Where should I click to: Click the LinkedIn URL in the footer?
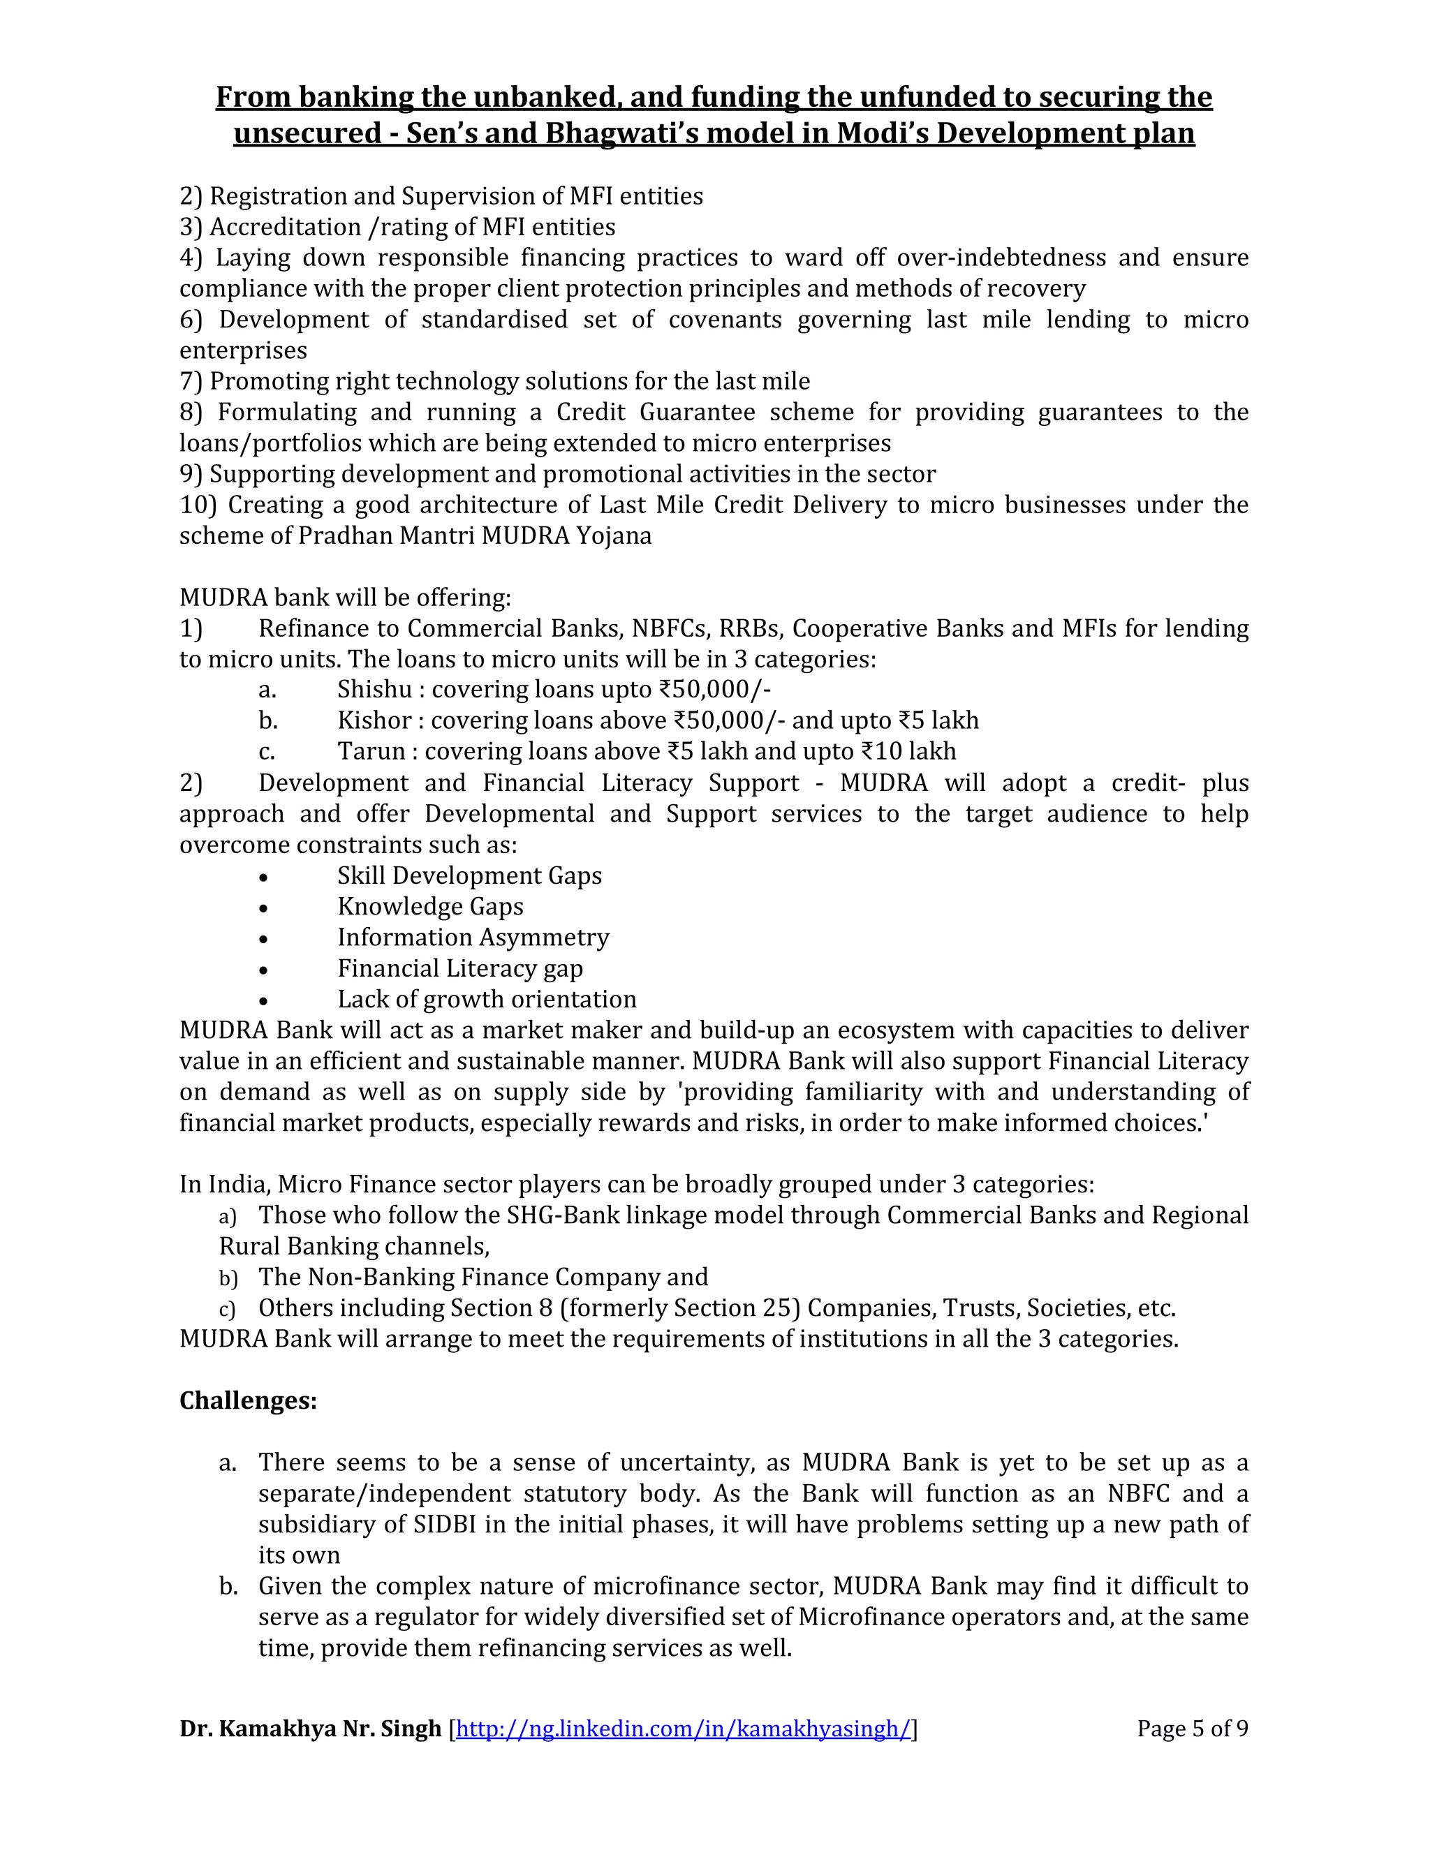(683, 1729)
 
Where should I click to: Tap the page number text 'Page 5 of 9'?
(1192, 1728)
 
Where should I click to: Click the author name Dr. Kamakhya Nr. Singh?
(310, 1729)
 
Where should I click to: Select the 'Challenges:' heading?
(248, 1400)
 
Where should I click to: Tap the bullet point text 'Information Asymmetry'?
(473, 937)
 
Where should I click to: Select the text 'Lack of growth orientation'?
(486, 999)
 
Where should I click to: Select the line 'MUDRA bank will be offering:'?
(345, 597)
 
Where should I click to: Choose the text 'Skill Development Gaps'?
(469, 875)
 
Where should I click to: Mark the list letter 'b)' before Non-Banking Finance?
(228, 1278)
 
